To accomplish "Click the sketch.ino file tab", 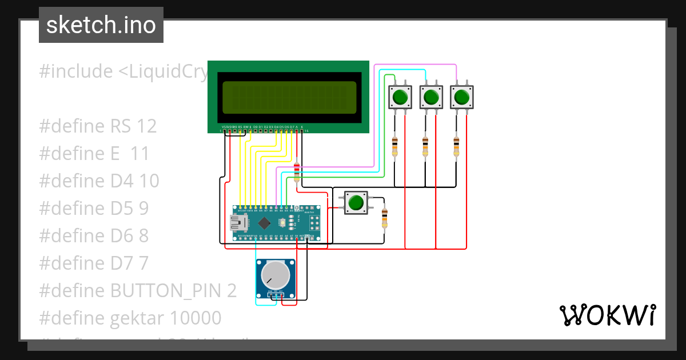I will coord(101,25).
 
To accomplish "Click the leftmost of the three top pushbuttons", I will coord(400,97).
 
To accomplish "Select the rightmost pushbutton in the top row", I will coord(462,97).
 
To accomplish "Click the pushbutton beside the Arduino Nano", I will coord(356,203).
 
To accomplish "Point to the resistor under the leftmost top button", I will coord(394,147).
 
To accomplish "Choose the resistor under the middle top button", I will coord(425,147).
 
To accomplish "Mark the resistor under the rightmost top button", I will coord(456,147).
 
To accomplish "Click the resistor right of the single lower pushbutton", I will coord(384,218).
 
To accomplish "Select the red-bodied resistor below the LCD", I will coord(296,172).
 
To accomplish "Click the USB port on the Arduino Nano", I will coord(235,222).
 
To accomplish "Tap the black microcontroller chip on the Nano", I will coord(264,222).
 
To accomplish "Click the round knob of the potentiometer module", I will coord(275,276).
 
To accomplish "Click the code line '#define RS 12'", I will coord(98,126).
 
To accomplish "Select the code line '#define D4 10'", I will coord(99,181).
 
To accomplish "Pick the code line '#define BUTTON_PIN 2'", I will coord(137,291).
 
